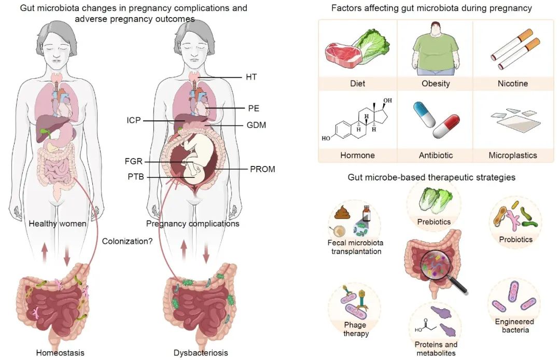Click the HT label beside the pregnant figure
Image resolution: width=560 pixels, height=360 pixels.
pos(251,77)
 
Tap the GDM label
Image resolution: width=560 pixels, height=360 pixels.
pos(256,125)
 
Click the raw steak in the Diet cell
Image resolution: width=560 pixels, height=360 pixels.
pos(340,52)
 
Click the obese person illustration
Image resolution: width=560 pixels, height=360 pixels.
pos(436,49)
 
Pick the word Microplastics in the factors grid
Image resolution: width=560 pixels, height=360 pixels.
pos(513,155)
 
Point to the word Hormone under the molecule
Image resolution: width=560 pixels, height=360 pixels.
pos(357,155)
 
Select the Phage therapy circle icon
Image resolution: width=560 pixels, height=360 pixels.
pos(355,308)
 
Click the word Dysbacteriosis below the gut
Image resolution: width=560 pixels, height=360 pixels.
pos(201,353)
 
